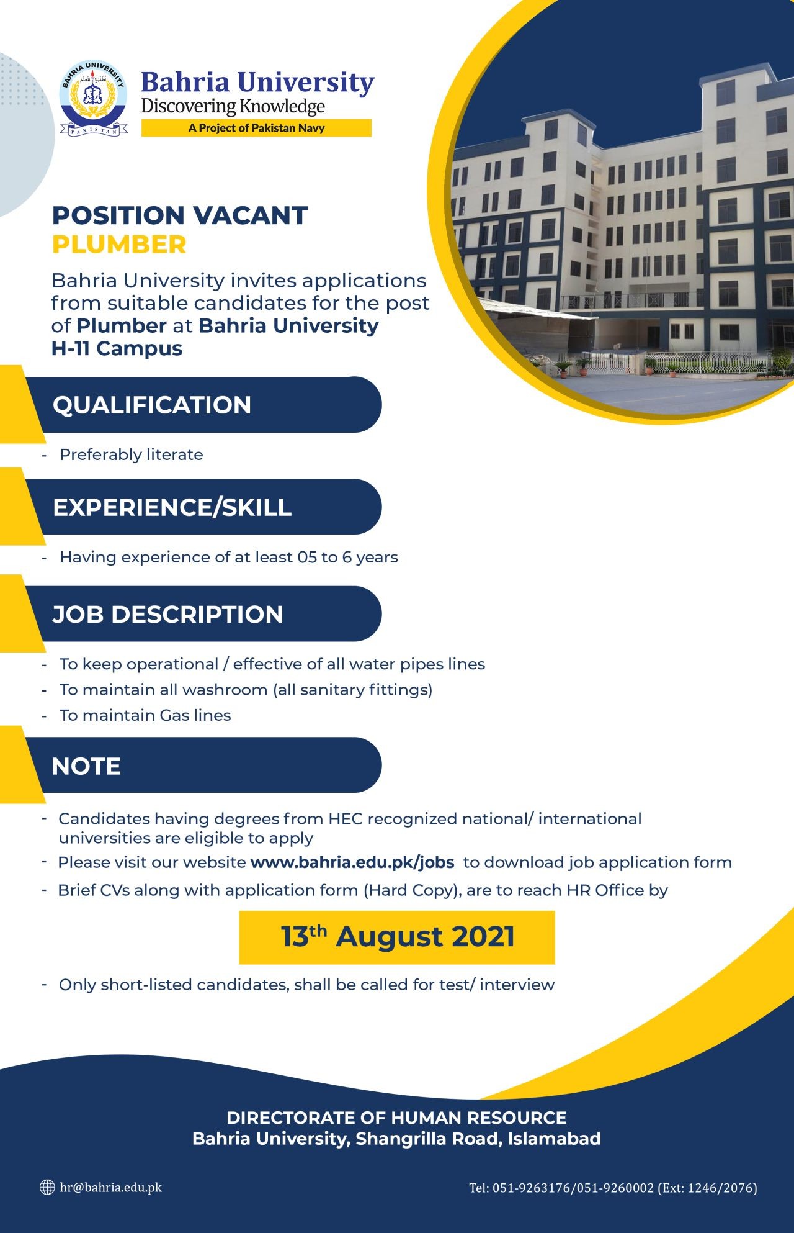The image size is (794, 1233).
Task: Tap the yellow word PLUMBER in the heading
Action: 119,245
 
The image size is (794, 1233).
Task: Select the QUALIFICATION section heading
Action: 152,405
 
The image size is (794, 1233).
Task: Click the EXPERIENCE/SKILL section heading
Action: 172,507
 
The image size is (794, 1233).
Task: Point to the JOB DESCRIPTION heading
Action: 167,615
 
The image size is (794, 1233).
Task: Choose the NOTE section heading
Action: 86,766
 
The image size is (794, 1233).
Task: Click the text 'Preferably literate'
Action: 132,454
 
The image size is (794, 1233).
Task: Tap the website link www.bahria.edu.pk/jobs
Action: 352,862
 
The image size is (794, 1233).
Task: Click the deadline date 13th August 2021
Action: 398,936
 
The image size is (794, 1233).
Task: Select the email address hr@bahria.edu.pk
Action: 111,1187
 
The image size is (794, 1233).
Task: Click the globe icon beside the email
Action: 47,1187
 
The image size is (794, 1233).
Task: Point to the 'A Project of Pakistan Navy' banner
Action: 256,128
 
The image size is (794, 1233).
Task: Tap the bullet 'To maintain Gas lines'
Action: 145,715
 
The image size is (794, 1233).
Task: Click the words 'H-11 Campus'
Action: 117,348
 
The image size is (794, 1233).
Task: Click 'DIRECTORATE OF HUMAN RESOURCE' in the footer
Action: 396,1118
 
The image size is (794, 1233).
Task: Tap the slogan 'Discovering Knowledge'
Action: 233,107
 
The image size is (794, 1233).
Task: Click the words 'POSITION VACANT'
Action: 180,215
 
